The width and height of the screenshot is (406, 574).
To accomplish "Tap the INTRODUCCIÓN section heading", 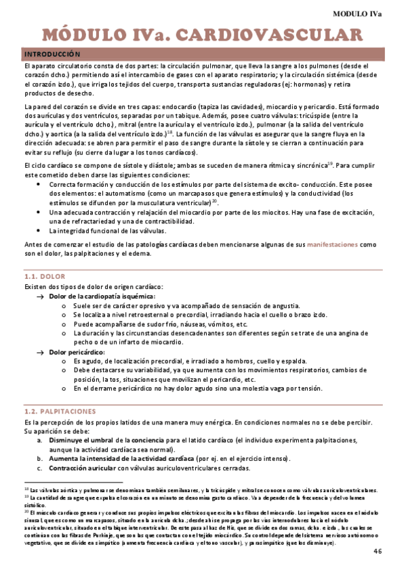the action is point(52,53).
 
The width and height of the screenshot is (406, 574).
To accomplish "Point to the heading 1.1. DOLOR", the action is point(44,276).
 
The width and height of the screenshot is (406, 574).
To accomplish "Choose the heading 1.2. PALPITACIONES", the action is point(60,411).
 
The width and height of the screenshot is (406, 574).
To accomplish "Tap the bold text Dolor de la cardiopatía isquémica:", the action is point(102,296).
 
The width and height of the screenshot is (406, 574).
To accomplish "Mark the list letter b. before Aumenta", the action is point(41,459).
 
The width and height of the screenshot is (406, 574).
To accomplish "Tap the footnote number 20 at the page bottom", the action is point(26,512).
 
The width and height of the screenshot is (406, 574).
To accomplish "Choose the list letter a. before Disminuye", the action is point(41,439).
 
